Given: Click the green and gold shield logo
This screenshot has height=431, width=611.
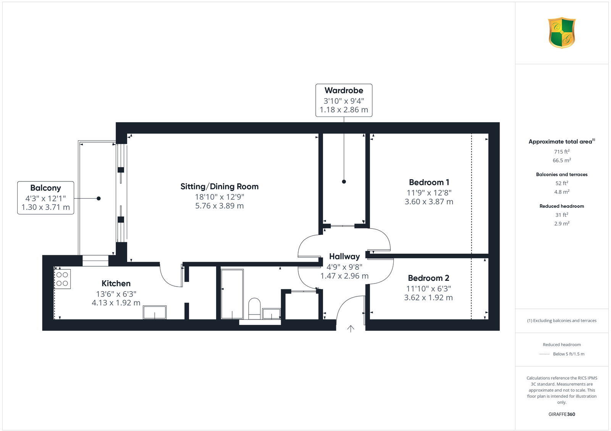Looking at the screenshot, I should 562,32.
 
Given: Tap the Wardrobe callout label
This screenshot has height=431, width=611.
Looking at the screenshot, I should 344,91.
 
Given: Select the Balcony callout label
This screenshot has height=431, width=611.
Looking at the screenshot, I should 45,188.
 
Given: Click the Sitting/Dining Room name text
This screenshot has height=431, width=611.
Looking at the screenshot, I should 219,186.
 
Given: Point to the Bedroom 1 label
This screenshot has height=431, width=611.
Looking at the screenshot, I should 429,182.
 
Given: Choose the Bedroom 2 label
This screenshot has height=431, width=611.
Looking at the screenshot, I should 428,278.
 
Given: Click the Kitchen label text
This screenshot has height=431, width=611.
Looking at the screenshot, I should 116,284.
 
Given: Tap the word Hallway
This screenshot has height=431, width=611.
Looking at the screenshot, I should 344,256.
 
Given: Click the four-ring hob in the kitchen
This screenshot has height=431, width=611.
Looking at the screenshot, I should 62,279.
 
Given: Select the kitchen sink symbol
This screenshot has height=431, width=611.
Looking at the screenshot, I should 155,312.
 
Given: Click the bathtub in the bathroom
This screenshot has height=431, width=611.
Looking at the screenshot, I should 232,294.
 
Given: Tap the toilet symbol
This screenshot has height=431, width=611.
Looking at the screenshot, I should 254,308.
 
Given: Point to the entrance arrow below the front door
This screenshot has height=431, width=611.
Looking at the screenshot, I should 351,329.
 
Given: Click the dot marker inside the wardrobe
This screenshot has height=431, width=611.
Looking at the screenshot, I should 344,182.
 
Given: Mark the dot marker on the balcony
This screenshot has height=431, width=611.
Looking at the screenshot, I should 99,198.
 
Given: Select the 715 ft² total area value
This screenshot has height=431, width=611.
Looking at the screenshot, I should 561,152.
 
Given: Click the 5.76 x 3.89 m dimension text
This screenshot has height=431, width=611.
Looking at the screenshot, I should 219,206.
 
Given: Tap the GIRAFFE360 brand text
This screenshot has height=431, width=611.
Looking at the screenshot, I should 562,414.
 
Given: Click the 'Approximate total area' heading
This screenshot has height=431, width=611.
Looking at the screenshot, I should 561,142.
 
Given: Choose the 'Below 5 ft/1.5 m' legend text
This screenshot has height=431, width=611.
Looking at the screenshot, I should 569,354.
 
